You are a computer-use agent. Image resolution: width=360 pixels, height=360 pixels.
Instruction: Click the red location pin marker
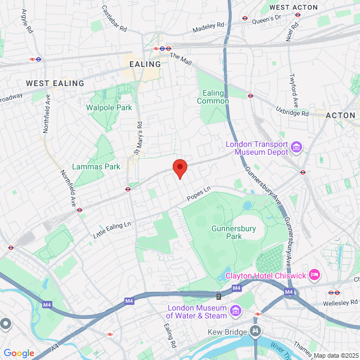coord(179,168)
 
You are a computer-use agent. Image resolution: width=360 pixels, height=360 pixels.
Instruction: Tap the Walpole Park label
coord(109,107)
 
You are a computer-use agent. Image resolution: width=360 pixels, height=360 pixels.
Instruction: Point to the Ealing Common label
coord(213,97)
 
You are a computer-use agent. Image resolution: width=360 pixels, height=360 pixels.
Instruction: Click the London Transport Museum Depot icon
coord(296,148)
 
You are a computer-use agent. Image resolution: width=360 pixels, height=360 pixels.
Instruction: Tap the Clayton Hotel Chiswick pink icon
coord(314,275)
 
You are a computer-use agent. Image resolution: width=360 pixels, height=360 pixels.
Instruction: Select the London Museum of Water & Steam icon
coord(235,311)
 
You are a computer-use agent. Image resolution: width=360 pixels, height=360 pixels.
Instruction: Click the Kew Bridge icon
coord(256,332)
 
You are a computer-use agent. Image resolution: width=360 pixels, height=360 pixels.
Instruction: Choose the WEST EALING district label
coord(55,83)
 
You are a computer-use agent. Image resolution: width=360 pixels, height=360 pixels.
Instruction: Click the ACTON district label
coord(341,115)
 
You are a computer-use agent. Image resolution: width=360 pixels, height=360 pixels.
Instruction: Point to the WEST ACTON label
coord(293,7)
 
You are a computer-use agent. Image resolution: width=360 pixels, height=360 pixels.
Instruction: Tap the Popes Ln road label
coord(198,196)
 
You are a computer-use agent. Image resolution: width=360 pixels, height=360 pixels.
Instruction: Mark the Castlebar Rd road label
coord(115,18)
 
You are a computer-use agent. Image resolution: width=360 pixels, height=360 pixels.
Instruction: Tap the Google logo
coord(19,353)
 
